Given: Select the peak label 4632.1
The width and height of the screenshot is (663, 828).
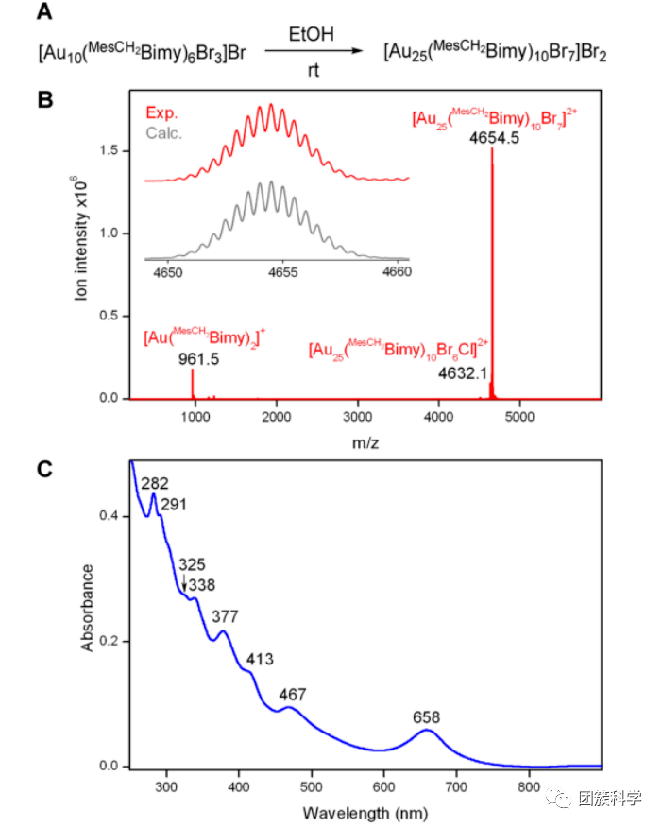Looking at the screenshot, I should pyautogui.click(x=464, y=373).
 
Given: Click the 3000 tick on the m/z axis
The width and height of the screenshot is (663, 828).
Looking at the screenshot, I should pyautogui.click(x=358, y=414).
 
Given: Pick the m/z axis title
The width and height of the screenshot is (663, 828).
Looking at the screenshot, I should pyautogui.click(x=358, y=440).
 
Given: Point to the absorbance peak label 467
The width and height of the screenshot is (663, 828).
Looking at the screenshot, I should pyautogui.click(x=294, y=695).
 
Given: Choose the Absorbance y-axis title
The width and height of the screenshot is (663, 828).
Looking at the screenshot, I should pyautogui.click(x=88, y=607).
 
